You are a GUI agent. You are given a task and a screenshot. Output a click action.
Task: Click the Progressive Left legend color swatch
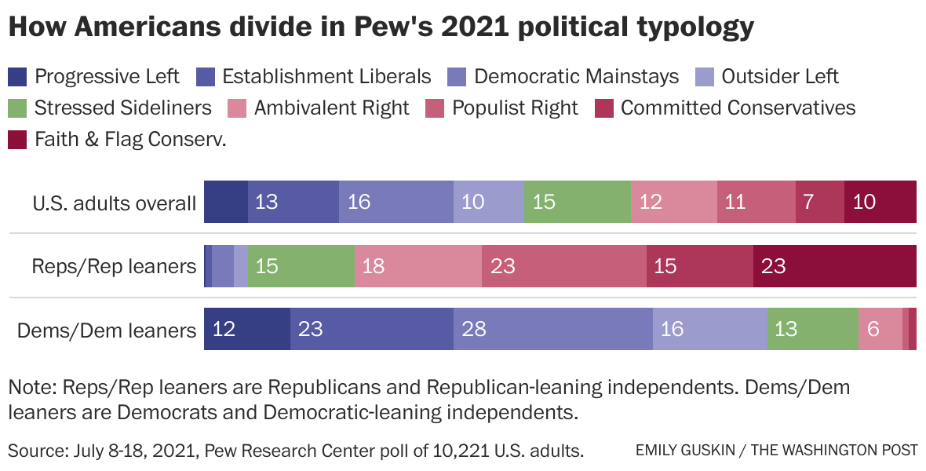pos(18,77)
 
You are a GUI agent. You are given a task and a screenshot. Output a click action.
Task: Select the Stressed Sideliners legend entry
pos(110,108)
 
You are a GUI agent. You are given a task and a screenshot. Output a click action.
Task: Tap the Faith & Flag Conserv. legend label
pos(130,139)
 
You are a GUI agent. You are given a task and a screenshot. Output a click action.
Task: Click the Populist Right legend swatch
pos(435,108)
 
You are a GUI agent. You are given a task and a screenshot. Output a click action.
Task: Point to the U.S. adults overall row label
pos(114,203)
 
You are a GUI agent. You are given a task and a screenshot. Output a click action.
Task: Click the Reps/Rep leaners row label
pos(114,266)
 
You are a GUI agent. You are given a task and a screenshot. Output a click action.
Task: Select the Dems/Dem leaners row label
pos(107,330)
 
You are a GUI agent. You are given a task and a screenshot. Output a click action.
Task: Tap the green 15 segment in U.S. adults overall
pos(577,203)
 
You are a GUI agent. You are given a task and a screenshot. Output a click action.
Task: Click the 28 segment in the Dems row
pos(552,329)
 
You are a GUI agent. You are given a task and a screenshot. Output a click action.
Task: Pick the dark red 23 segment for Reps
pos(834,266)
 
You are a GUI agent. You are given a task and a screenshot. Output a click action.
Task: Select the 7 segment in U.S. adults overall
pos(819,203)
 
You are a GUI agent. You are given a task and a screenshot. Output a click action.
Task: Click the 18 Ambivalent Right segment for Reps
pos(417,266)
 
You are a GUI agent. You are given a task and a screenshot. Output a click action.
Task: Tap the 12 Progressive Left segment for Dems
pos(246,329)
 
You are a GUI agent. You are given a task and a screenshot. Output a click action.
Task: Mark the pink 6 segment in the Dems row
pos(879,329)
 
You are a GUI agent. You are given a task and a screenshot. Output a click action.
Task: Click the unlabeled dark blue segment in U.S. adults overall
pos(226,203)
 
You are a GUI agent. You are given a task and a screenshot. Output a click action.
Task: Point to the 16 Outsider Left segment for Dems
pos(709,329)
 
